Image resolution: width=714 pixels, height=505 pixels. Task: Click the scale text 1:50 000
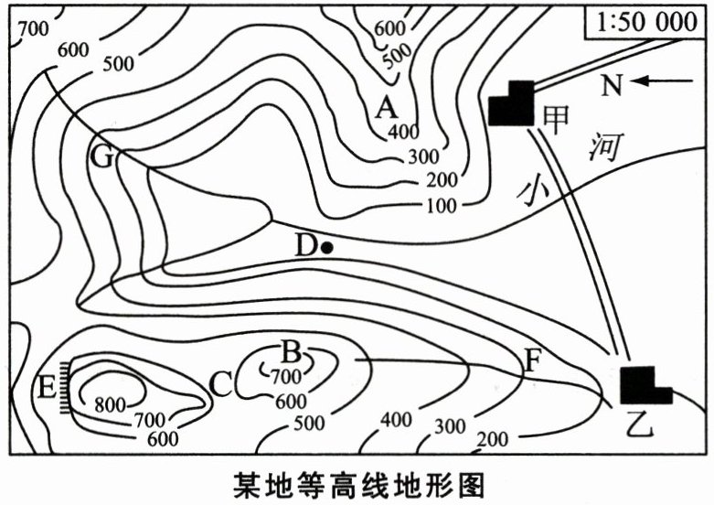[645, 23]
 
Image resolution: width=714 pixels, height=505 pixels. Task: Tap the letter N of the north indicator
[613, 85]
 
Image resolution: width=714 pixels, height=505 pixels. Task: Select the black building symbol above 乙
[644, 384]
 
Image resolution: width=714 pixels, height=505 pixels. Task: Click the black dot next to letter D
[326, 246]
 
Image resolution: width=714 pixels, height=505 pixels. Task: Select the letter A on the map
[386, 109]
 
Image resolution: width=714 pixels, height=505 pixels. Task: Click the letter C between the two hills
[220, 384]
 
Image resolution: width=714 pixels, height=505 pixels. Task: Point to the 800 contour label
[110, 403]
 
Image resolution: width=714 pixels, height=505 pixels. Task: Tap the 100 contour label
[441, 205]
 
